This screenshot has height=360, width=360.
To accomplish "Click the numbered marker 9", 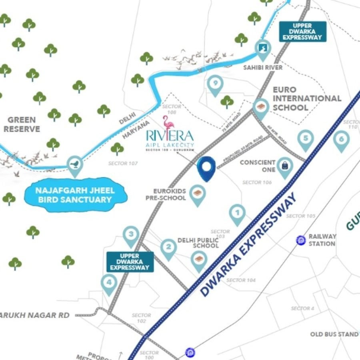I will [215, 84].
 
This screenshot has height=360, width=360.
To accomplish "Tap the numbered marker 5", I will [306, 139].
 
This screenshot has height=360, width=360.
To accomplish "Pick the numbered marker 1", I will [238, 213].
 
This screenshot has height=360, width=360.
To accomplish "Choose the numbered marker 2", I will [169, 247].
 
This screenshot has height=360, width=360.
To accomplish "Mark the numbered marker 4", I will [109, 283].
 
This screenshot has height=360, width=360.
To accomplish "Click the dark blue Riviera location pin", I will [207, 168].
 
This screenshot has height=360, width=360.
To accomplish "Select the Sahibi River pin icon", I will [262, 48].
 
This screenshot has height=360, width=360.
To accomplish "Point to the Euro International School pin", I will [261, 107].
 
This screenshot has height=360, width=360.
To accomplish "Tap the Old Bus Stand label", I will [334, 334].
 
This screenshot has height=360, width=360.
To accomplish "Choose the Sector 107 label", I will [123, 164].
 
